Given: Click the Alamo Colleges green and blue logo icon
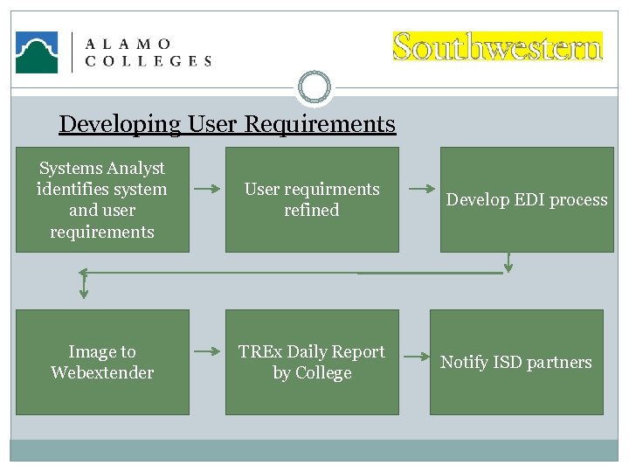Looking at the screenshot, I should click(x=37, y=52).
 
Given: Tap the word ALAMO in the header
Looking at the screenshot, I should click(x=128, y=44).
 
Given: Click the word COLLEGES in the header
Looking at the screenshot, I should click(x=148, y=61).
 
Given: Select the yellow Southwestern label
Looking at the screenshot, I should click(x=497, y=46).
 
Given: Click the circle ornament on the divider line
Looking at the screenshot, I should click(x=314, y=87).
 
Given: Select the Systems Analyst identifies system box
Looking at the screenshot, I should click(x=102, y=199).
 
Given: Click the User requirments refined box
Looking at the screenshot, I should click(x=312, y=199).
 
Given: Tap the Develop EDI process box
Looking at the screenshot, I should click(x=527, y=199).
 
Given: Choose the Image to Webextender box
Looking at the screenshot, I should click(x=102, y=362).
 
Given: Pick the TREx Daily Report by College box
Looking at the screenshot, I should click(x=312, y=362).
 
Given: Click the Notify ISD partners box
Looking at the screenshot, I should click(x=516, y=362).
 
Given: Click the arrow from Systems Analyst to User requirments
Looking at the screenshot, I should click(x=207, y=188).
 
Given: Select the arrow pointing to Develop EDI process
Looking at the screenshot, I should click(x=422, y=189).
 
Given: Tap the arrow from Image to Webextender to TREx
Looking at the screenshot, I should click(x=207, y=351).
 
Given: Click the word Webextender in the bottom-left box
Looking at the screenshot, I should click(x=102, y=372).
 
